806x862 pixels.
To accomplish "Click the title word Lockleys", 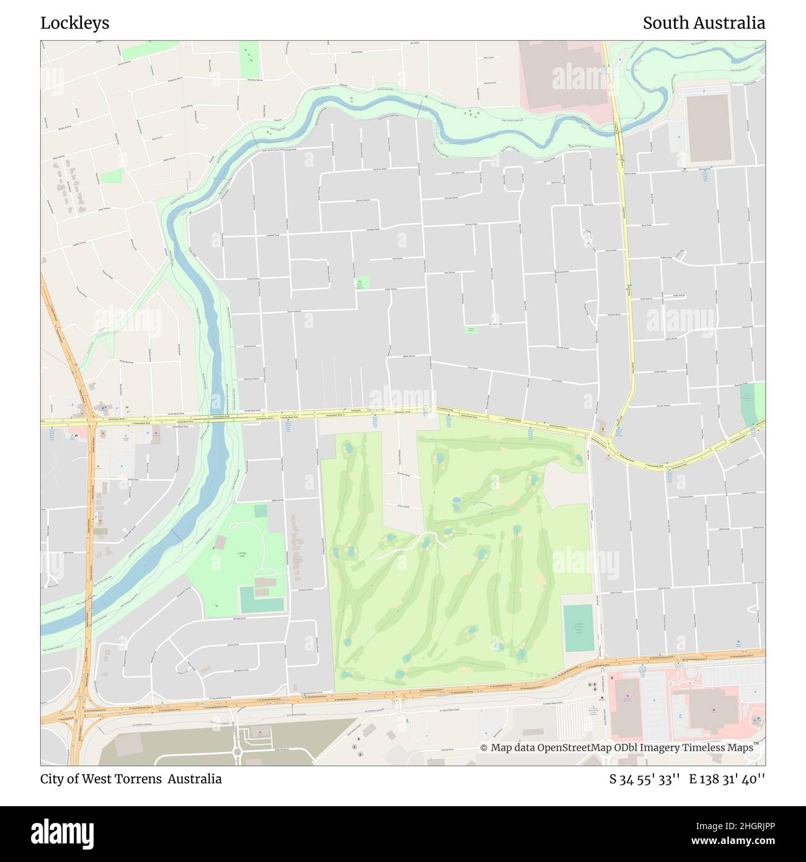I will tap(75, 23).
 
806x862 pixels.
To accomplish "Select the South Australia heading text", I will tap(704, 23).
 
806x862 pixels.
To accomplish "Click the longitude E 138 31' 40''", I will tap(727, 780).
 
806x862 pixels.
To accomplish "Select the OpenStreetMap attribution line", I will tap(616, 748).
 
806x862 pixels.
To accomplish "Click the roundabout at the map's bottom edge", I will tap(236, 753).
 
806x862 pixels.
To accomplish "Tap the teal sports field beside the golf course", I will tap(578, 628).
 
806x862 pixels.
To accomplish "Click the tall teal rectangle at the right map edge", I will tap(751, 404).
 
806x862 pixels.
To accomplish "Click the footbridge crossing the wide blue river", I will tap(177, 534).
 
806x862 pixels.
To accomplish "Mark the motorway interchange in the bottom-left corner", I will tap(77, 716).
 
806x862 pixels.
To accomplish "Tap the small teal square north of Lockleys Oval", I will tap(260, 511).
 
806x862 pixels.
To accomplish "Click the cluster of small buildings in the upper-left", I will tap(71, 186).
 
